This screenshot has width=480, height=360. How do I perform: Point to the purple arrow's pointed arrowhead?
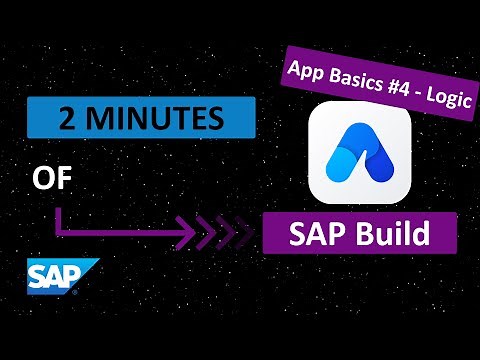(x=193, y=236)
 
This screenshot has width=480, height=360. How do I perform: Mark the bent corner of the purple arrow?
(x=61, y=236)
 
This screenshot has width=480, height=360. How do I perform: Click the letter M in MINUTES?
(x=87, y=120)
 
